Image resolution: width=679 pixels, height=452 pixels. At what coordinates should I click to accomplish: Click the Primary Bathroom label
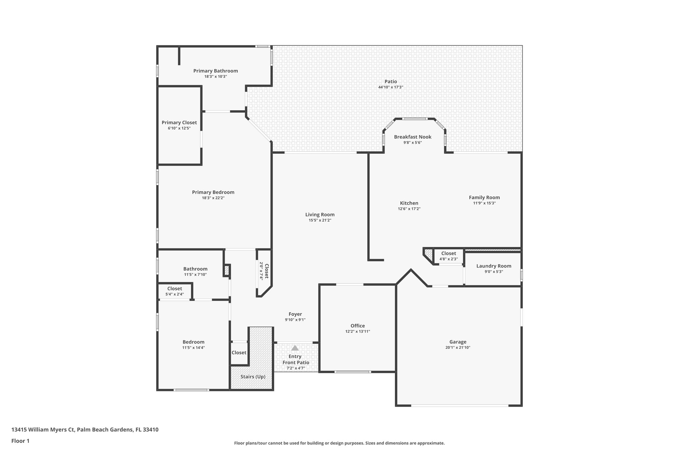pyautogui.click(x=216, y=71)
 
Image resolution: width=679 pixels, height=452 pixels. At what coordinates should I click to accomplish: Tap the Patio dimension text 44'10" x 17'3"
pyautogui.click(x=390, y=87)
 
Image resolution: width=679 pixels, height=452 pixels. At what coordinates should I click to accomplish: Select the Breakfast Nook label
pyautogui.click(x=412, y=137)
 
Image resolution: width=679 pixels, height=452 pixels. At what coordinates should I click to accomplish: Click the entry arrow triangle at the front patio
pyautogui.click(x=295, y=348)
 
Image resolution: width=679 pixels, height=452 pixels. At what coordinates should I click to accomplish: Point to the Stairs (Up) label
pyautogui.click(x=253, y=377)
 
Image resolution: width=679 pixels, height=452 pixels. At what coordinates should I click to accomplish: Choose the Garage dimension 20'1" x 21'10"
pyautogui.click(x=458, y=348)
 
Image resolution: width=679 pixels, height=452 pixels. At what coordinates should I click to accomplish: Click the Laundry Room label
pyautogui.click(x=493, y=266)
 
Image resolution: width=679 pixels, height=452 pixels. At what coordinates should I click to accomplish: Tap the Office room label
pyautogui.click(x=357, y=326)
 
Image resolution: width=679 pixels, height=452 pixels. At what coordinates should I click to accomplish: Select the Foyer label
pyautogui.click(x=295, y=314)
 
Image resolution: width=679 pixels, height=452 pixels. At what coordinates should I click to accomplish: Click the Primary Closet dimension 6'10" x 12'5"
pyautogui.click(x=179, y=128)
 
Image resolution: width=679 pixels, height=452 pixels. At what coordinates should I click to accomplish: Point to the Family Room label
pyautogui.click(x=484, y=197)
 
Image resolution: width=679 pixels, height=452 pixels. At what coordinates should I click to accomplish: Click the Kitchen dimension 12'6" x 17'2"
pyautogui.click(x=409, y=209)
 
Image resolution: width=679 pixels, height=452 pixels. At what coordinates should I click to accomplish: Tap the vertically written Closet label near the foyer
pyautogui.click(x=266, y=271)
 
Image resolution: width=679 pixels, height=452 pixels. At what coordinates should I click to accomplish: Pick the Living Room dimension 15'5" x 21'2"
pyautogui.click(x=320, y=220)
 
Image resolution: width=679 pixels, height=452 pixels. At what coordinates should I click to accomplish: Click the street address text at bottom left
pyautogui.click(x=85, y=430)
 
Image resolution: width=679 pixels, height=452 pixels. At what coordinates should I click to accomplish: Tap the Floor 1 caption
pyautogui.click(x=20, y=441)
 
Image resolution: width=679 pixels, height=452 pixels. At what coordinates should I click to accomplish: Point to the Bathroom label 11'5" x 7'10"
pyautogui.click(x=195, y=269)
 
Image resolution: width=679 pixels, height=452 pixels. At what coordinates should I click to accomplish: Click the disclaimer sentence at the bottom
pyautogui.click(x=339, y=443)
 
